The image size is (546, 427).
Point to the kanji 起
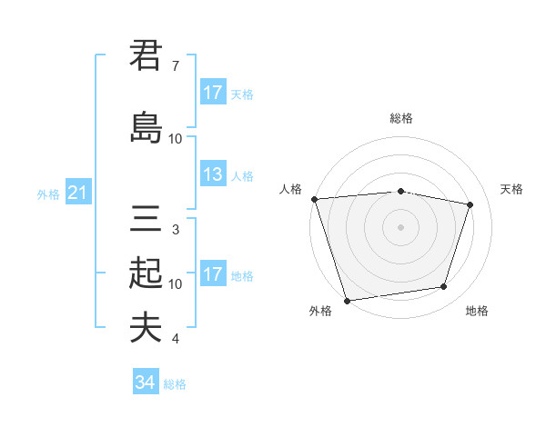pos(146,272)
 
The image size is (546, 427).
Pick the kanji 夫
pos(146,327)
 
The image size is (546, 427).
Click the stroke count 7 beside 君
pos(175,66)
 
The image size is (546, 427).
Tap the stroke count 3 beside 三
pos(175,230)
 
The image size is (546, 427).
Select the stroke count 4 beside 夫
pos(175,339)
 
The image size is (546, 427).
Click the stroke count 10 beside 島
pos(176,139)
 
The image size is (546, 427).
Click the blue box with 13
pos(213,174)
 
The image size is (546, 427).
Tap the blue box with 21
pos(77,193)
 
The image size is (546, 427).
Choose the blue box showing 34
pos(145,382)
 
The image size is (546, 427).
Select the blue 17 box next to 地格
pos(213,274)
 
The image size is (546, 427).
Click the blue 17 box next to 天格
pos(213,93)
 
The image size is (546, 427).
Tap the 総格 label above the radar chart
pos(401,118)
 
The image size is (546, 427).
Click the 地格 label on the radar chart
pos(477,311)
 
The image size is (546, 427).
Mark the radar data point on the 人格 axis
pos(314,199)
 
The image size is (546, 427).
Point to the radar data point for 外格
pos(347,300)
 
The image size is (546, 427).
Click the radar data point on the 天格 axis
pos(470,204)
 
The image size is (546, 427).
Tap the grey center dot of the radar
pos(401,226)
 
